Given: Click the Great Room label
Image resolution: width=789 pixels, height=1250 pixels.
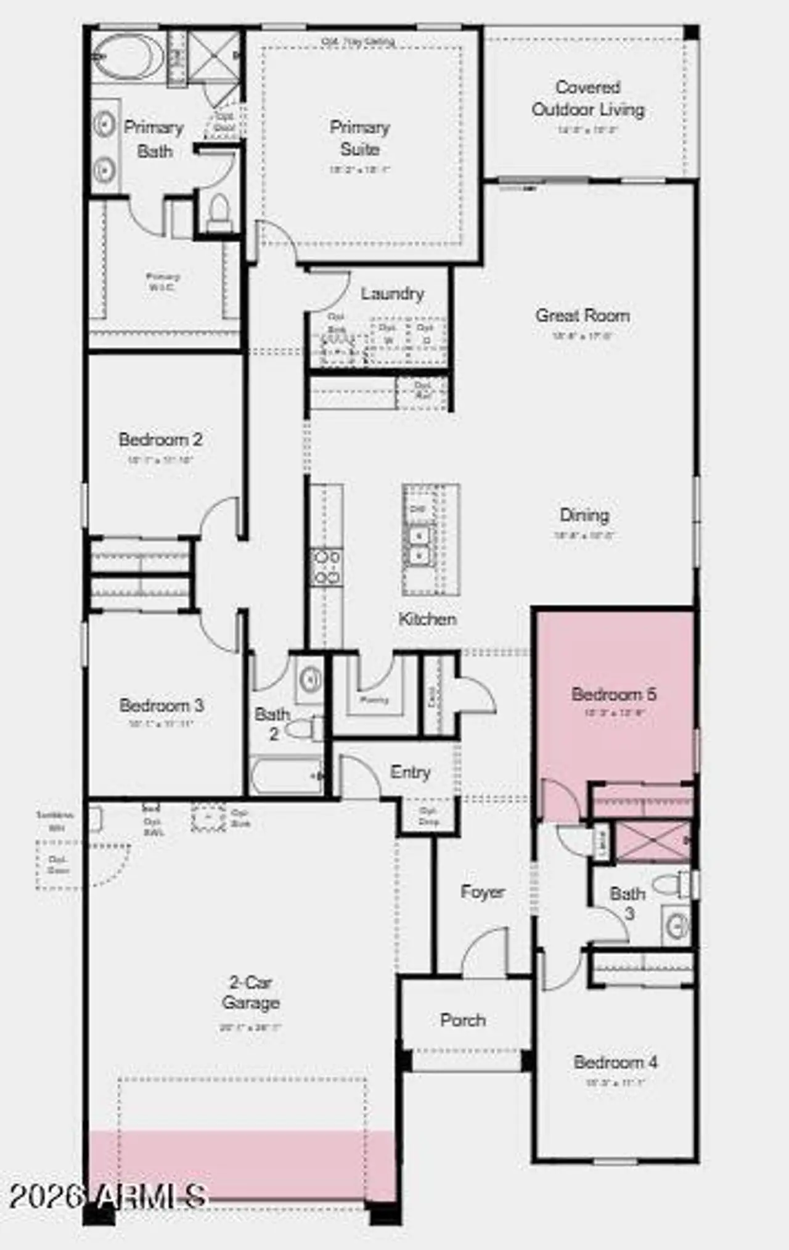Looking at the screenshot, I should pyautogui.click(x=583, y=316).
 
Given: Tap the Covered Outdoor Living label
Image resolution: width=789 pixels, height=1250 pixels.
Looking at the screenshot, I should pyautogui.click(x=588, y=99).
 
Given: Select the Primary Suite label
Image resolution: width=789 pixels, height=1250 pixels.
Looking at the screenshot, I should pyautogui.click(x=360, y=138).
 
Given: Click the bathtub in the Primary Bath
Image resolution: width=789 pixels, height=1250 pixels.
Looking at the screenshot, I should pyautogui.click(x=128, y=56).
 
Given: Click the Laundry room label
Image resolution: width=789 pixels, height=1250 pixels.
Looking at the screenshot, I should pyautogui.click(x=393, y=293).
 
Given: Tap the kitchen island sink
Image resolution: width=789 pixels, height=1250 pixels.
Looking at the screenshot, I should pyautogui.click(x=419, y=545).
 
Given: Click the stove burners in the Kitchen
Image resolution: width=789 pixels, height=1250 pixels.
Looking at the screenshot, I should pyautogui.click(x=326, y=568).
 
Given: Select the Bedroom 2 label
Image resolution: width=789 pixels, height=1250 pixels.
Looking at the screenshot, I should pyautogui.click(x=160, y=439).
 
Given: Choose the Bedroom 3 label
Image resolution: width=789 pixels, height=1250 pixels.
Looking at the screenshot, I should pyautogui.click(x=161, y=705).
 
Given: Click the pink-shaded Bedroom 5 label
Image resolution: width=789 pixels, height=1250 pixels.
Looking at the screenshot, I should pyautogui.click(x=614, y=694).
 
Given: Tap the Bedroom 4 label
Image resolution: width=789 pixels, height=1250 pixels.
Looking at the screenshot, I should pyautogui.click(x=615, y=1062).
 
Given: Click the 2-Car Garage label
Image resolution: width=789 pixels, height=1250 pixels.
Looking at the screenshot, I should pyautogui.click(x=251, y=992).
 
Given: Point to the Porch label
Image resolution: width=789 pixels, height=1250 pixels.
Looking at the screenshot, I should pyautogui.click(x=463, y=1020).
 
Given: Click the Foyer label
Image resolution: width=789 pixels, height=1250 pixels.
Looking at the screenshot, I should pyautogui.click(x=483, y=892).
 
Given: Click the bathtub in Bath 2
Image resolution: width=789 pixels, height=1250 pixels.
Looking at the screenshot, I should pyautogui.click(x=287, y=776).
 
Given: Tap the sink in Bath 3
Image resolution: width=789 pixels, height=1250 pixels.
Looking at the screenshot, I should pyautogui.click(x=677, y=925).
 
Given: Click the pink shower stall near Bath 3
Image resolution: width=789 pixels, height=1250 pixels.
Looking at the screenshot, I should pyautogui.click(x=653, y=841).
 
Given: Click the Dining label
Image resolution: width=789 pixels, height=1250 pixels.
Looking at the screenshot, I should pyautogui.click(x=584, y=515).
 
